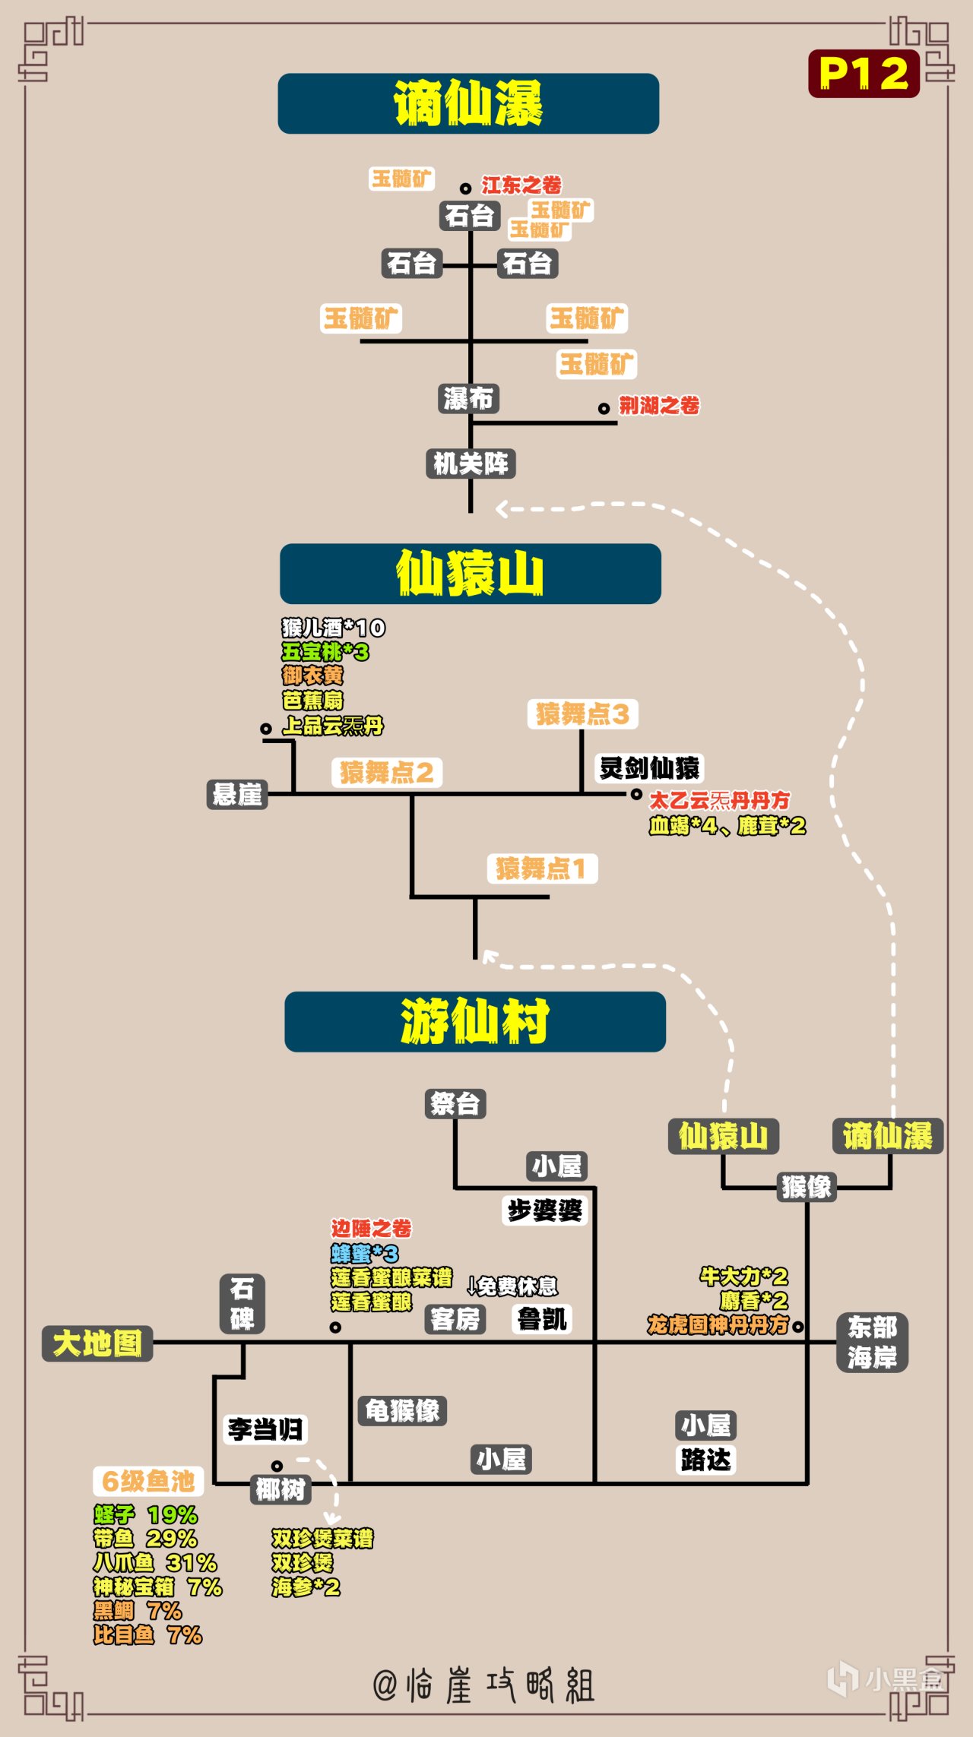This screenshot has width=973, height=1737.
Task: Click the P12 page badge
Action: (x=864, y=74)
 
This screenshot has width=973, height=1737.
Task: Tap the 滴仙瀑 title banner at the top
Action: (x=468, y=104)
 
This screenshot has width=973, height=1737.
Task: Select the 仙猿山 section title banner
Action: (x=470, y=574)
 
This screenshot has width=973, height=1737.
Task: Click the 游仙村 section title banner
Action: (x=474, y=1021)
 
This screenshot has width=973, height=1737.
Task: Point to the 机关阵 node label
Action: (x=471, y=464)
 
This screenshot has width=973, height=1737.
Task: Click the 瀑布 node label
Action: (x=468, y=398)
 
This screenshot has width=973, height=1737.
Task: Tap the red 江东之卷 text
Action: (x=521, y=185)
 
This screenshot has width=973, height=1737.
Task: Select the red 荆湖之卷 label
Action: (x=658, y=406)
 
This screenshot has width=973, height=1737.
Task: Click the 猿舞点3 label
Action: (x=582, y=714)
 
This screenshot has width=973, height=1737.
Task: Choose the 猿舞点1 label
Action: (x=542, y=868)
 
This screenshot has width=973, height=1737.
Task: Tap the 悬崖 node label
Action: (x=237, y=795)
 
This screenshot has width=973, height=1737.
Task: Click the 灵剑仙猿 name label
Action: (x=649, y=768)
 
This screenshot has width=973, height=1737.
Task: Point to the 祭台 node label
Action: (x=455, y=1103)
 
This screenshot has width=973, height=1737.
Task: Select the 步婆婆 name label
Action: (x=544, y=1210)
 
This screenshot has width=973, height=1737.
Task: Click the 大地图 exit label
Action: (x=97, y=1343)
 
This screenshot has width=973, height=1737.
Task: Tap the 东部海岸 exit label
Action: (x=872, y=1343)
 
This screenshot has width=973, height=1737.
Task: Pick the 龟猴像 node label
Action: (x=402, y=1411)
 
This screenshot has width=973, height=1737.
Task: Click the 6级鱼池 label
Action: (x=148, y=1481)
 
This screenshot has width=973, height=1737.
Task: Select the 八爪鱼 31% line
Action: (x=155, y=1562)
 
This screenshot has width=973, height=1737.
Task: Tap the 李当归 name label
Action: (x=265, y=1429)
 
